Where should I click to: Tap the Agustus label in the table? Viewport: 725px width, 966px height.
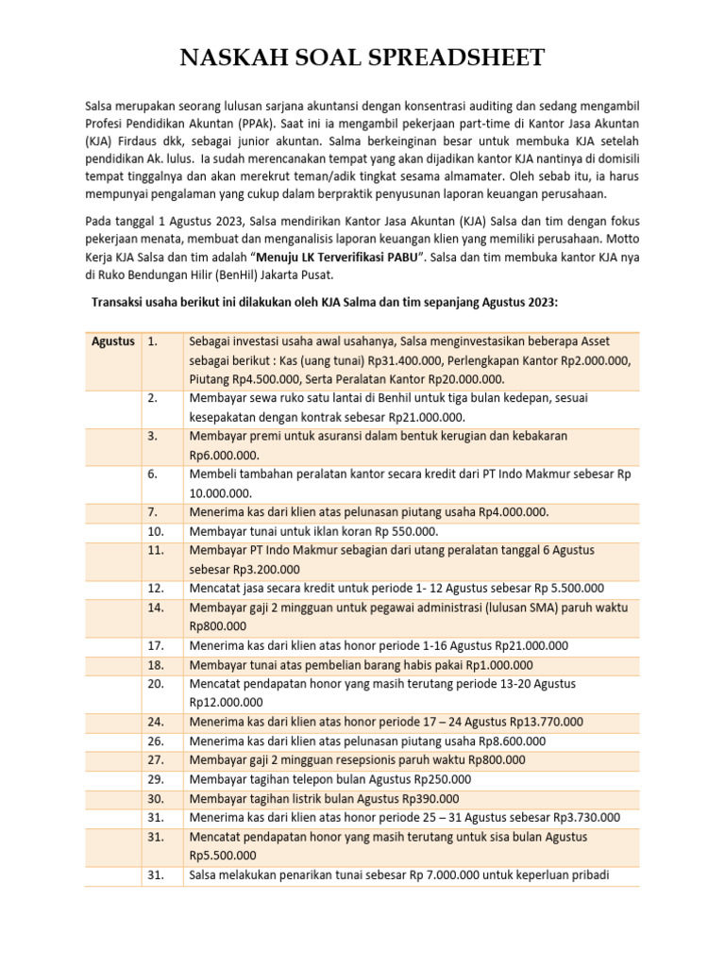[x=112, y=341]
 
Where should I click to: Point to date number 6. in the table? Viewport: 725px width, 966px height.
[x=155, y=475]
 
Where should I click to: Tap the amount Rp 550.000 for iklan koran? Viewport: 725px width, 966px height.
[x=403, y=531]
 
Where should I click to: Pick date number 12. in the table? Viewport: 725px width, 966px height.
[x=157, y=588]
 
